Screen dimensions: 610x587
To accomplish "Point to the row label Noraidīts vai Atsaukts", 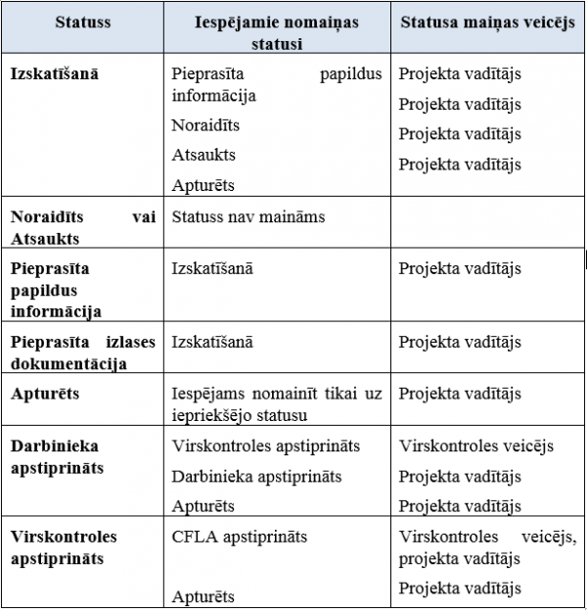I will (82, 227).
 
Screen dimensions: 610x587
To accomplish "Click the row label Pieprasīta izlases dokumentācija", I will (82, 352).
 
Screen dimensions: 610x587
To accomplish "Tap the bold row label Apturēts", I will (44, 394).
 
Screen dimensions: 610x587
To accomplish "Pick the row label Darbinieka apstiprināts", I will (57, 456).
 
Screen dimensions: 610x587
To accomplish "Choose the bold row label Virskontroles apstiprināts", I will (64, 548).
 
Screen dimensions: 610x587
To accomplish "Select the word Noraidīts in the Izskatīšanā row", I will (205, 125).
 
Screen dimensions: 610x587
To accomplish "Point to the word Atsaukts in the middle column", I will (203, 155).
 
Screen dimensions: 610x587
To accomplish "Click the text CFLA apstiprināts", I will (239, 537).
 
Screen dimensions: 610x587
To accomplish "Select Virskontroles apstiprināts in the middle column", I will (265, 446).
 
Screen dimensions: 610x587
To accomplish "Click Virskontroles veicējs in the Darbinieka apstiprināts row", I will (476, 446).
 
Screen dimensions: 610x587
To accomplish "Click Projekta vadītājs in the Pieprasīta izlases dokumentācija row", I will (460, 342).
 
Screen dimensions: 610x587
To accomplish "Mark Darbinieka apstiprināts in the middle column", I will (256, 476).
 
